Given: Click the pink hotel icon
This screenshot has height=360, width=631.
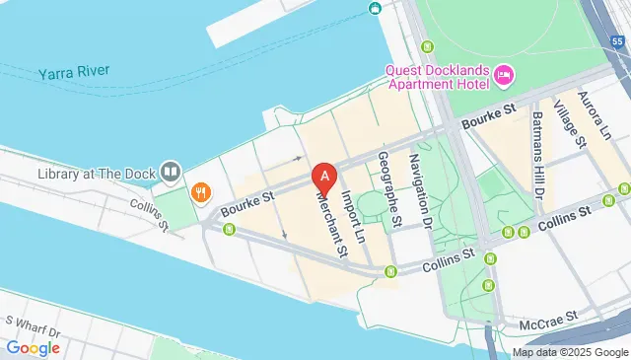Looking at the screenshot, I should tap(504, 75).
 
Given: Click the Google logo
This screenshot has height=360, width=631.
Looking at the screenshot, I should tap(33, 347).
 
